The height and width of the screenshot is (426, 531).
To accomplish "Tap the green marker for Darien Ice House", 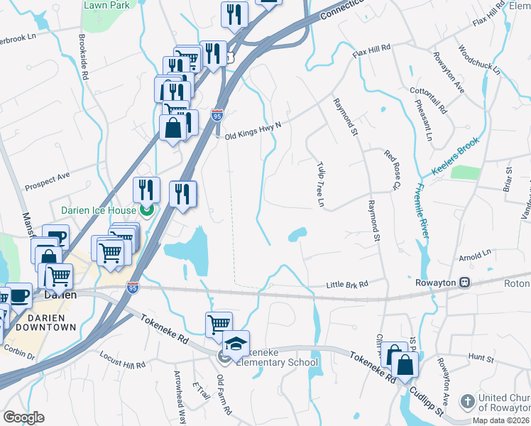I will pyautogui.click(x=147, y=209).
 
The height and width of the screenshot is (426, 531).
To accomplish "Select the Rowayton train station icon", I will pyautogui.click(x=465, y=282).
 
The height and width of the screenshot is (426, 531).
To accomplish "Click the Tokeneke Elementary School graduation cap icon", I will pyautogui.click(x=236, y=344).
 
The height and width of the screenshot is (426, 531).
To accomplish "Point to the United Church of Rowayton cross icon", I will pyautogui.click(x=467, y=402).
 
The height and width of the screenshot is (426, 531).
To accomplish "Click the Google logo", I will pyautogui.click(x=23, y=417).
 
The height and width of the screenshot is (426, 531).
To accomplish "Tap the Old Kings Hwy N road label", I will pyautogui.click(x=253, y=131).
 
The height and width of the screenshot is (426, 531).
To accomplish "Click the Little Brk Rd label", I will pyautogui.click(x=347, y=285).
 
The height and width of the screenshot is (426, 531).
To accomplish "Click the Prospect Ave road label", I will pyautogui.click(x=48, y=181).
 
